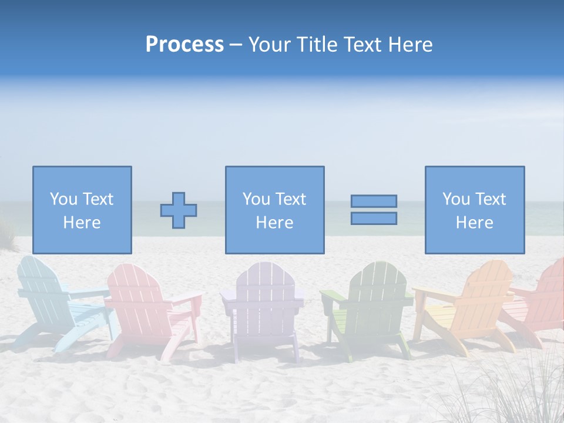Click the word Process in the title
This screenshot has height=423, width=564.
pyautogui.click(x=184, y=45)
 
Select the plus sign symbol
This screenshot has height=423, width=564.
pyautogui.click(x=179, y=210)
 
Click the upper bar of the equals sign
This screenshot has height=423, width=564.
pyautogui.click(x=374, y=202)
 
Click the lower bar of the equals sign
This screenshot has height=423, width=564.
pyautogui.click(x=374, y=219)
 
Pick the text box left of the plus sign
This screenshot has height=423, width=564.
pyautogui.click(x=82, y=210)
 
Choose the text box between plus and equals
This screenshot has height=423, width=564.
pyautogui.click(x=274, y=210)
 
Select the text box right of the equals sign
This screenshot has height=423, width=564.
pyautogui.click(x=474, y=210)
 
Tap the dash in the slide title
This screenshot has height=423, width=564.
pyautogui.click(x=236, y=45)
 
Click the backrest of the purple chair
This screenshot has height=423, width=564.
pyautogui.click(x=261, y=282)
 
